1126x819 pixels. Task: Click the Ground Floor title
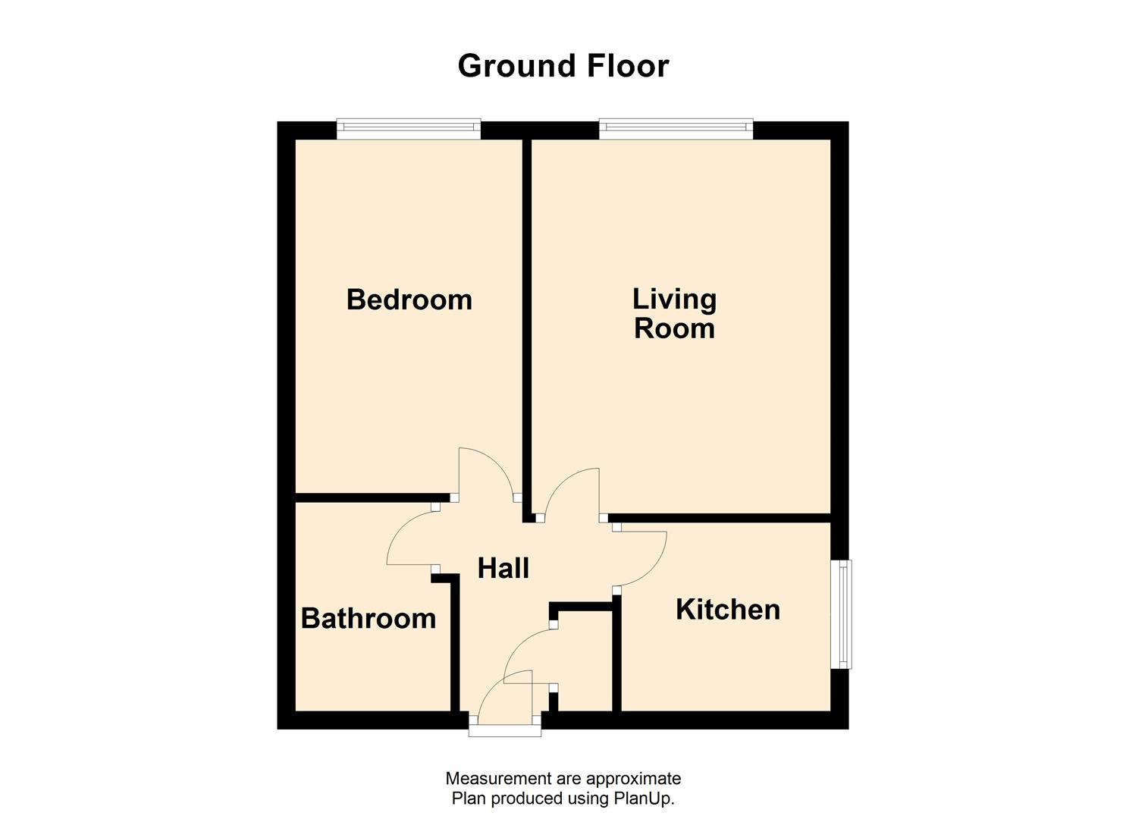coord(563,66)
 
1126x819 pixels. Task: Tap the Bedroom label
coord(409,300)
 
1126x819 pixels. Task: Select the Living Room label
coord(674,313)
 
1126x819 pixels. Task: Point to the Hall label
coord(503,568)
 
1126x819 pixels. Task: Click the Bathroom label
coord(369,618)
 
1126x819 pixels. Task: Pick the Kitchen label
coord(727,610)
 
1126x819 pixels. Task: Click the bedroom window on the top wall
coord(409,129)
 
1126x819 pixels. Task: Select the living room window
coord(676,129)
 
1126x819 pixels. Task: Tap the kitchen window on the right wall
coord(841,613)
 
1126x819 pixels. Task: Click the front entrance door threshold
coord(505,730)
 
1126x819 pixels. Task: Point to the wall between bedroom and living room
coord(526,318)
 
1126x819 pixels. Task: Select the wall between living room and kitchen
coord(720,518)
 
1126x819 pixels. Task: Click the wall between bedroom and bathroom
coord(364,497)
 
